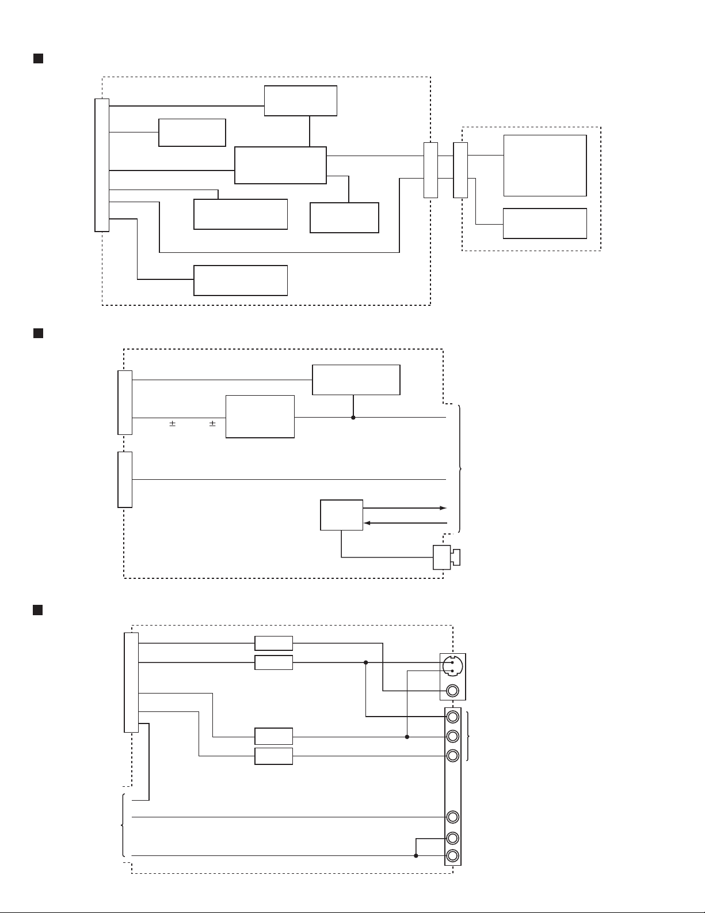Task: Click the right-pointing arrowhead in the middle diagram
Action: point(443,508)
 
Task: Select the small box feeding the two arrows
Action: point(341,515)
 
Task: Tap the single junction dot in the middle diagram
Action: point(353,417)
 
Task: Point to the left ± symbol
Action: point(172,424)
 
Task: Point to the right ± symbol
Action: point(212,424)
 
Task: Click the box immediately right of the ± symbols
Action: point(260,416)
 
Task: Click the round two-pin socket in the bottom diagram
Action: point(452,666)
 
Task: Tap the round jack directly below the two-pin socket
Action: point(452,690)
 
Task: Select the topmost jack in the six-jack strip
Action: point(453,717)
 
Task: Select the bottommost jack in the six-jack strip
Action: point(453,855)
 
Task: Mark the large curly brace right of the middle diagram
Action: point(460,469)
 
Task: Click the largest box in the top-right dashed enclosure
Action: point(544,166)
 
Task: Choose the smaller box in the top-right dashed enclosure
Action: point(544,223)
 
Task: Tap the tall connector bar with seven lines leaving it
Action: point(102,165)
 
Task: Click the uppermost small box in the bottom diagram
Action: point(273,643)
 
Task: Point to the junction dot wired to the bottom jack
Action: point(416,855)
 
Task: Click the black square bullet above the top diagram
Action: point(39,59)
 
